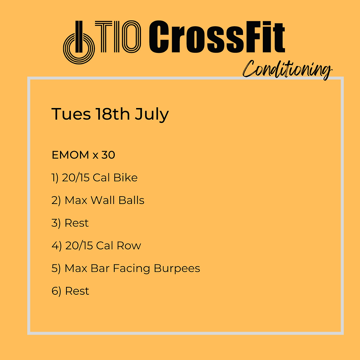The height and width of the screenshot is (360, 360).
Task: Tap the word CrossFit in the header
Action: pos(217,37)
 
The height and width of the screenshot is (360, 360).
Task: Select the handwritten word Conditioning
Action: pos(288,69)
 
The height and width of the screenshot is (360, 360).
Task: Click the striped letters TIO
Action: pos(118,37)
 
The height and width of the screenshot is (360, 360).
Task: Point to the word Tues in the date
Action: pos(71,114)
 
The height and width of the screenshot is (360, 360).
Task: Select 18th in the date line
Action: pos(113,114)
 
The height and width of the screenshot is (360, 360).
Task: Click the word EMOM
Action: pos(70,155)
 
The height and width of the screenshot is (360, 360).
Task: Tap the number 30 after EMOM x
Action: pos(108,155)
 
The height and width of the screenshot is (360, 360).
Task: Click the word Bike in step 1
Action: pos(125,177)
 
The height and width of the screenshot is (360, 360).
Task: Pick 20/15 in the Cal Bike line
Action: pos(75,178)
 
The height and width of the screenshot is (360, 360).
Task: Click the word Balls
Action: pos(131,200)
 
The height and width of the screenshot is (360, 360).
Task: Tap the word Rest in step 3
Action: pos(76,223)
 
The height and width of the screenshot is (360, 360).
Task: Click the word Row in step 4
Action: pos(129,246)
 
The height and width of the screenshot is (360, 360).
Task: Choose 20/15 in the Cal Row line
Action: pos(79,246)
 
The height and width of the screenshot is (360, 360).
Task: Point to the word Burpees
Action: pos(177,268)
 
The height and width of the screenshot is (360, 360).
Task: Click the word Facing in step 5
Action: pos(131,268)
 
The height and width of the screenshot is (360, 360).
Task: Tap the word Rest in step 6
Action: pos(77,291)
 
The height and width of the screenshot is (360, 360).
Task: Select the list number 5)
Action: pos(56,268)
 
